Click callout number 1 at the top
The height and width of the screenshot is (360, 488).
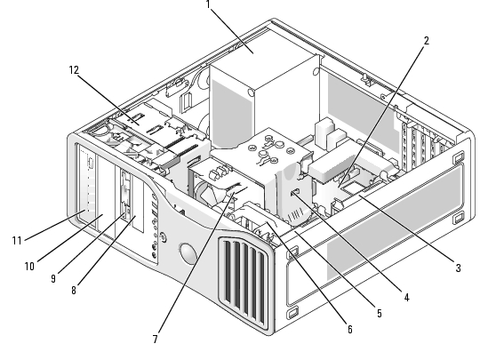pyautogui.click(x=208, y=4)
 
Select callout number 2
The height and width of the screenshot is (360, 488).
pyautogui.click(x=426, y=41)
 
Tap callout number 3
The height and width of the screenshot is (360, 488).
pyautogui.click(x=458, y=268)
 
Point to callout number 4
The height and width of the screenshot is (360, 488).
pyautogui.click(x=406, y=298)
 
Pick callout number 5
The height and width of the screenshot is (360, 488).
pyautogui.click(x=379, y=313)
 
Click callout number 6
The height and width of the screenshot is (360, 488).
pyautogui.click(x=350, y=329)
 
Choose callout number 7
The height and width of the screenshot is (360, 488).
pyautogui.click(x=156, y=339)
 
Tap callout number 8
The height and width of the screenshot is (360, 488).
pyautogui.click(x=74, y=291)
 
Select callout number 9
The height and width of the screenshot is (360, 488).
pyautogui.click(x=53, y=278)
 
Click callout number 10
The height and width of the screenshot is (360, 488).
pyautogui.click(x=29, y=267)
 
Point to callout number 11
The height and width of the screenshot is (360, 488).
pyautogui.click(x=17, y=240)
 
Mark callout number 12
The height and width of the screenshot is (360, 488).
pyautogui.click(x=74, y=70)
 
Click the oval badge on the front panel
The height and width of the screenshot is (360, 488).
pyautogui.click(x=188, y=253)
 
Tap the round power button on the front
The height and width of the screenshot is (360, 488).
pyautogui.click(x=163, y=237)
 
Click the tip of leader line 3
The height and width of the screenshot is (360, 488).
pyautogui.click(x=359, y=196)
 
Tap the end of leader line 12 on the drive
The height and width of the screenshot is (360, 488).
pyautogui.click(x=139, y=124)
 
